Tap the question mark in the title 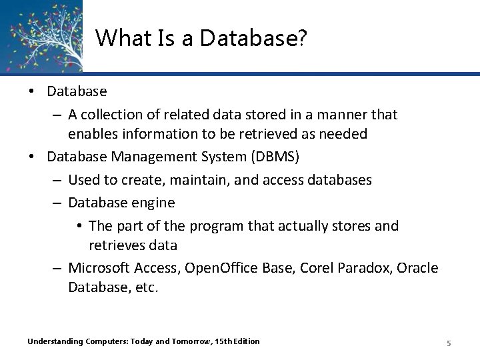click(x=302, y=39)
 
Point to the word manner click(x=337, y=115)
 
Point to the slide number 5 click(x=449, y=343)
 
